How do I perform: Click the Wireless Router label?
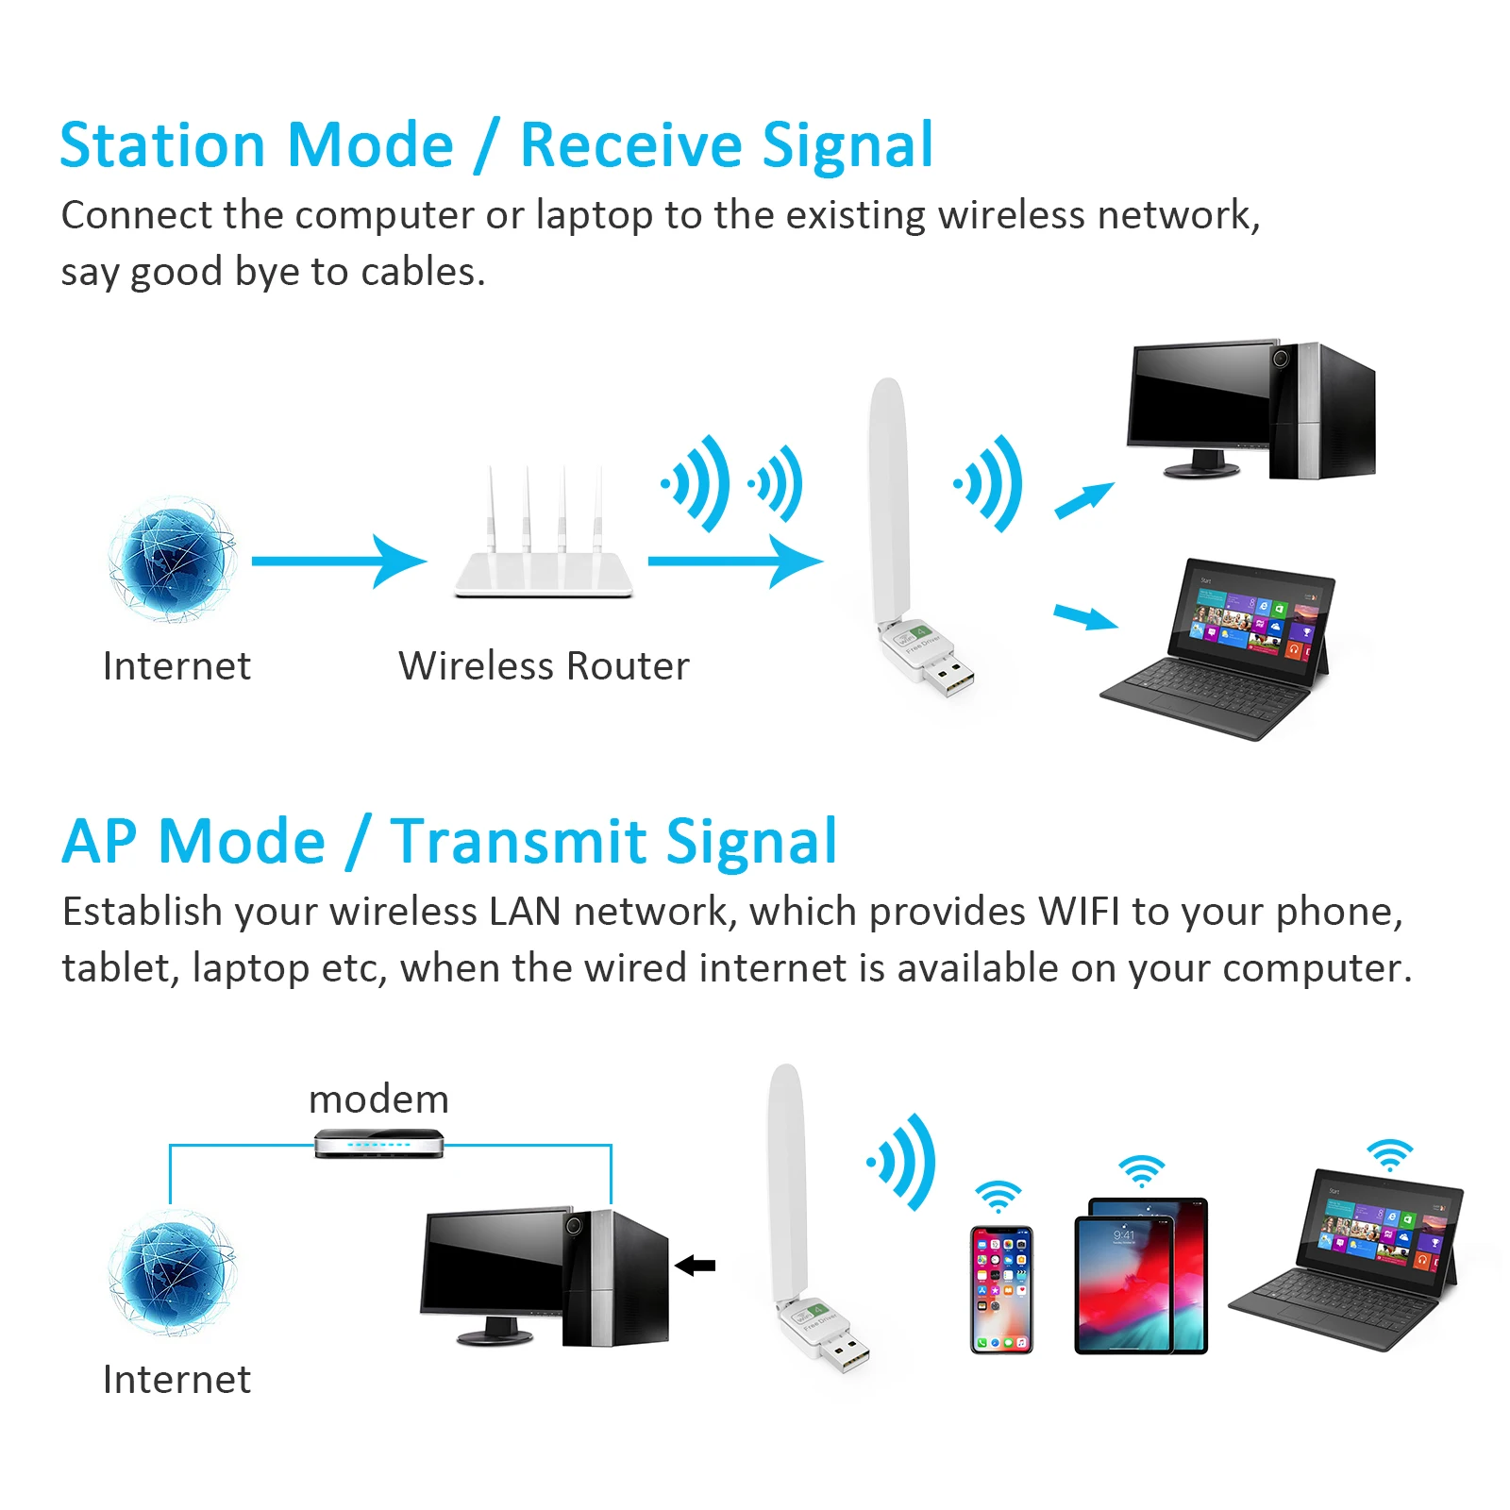click(x=544, y=666)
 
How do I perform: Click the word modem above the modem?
click(x=378, y=1099)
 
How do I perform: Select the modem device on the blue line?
click(x=378, y=1143)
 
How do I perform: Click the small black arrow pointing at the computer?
click(x=696, y=1265)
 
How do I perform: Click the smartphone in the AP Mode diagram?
click(x=1001, y=1289)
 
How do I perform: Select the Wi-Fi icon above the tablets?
click(x=1142, y=1171)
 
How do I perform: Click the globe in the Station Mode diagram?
click(x=172, y=560)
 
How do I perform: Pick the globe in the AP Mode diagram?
click(x=172, y=1273)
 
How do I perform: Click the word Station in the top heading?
click(x=161, y=146)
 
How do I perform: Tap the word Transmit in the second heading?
click(x=519, y=842)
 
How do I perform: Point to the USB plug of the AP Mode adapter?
click(x=846, y=1354)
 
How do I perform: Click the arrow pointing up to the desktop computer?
click(x=1084, y=500)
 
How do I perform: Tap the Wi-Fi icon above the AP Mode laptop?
click(x=1390, y=1154)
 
